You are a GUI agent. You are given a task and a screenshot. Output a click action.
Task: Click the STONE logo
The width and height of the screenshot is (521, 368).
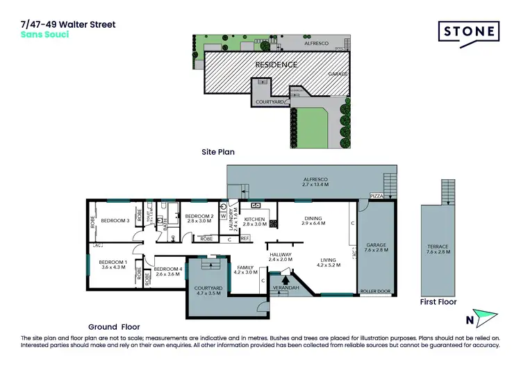coord(469,31)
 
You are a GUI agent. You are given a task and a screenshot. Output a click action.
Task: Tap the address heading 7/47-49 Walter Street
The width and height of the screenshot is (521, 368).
coord(68,24)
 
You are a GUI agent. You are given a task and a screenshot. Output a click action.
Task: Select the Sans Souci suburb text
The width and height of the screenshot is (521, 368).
coord(45,34)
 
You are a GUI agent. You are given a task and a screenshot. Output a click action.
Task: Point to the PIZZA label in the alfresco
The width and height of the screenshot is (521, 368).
coord(377,196)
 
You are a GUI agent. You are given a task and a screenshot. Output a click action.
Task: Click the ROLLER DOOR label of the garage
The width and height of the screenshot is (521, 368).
coord(375,291)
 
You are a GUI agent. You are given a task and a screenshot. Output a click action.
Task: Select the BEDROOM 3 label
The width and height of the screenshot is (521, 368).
coord(115,221)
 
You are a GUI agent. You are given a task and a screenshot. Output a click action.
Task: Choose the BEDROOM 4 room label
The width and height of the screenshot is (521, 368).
coord(167,271)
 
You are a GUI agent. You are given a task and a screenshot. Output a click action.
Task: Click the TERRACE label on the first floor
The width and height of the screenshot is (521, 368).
coord(438,249)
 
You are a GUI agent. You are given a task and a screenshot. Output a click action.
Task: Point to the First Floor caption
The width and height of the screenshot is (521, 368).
coord(438,302)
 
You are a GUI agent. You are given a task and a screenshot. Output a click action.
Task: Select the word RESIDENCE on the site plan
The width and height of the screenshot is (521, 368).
coord(276,65)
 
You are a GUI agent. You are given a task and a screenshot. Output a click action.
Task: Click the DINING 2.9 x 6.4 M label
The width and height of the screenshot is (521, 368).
coord(314,221)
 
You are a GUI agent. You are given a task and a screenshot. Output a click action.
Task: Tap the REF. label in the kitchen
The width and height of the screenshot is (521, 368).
coord(245,238)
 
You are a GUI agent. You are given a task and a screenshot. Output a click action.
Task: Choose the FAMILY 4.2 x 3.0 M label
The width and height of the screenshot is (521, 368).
coord(246,269)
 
